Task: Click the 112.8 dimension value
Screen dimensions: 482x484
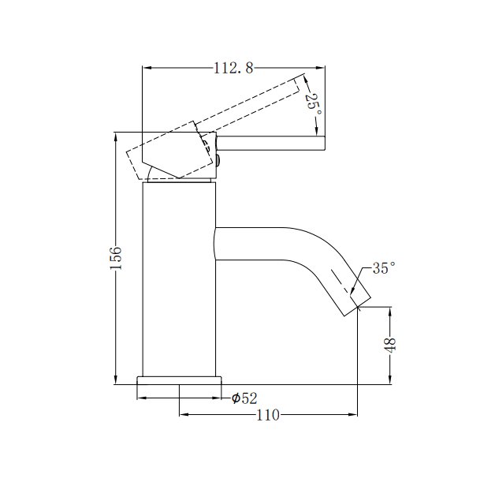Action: pyautogui.click(x=233, y=69)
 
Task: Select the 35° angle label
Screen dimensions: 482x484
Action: pyautogui.click(x=383, y=268)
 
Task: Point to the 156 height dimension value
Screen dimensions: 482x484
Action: pyautogui.click(x=116, y=258)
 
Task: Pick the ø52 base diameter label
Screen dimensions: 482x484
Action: pyautogui.click(x=245, y=398)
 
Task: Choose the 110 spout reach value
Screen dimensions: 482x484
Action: pyautogui.click(x=268, y=415)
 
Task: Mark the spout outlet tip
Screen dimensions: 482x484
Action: pyautogui.click(x=356, y=306)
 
